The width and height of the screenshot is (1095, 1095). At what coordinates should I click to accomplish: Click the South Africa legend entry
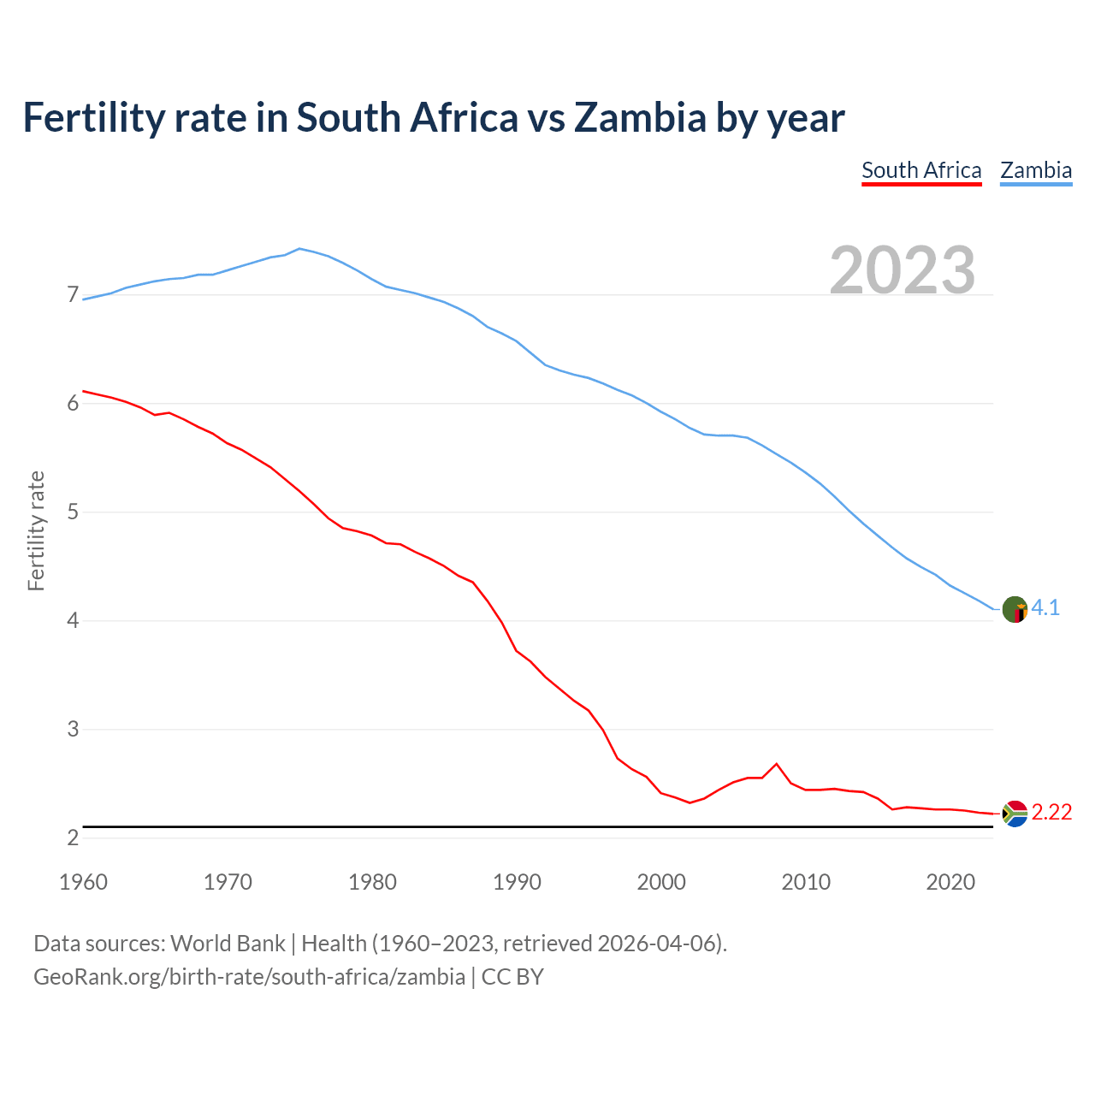point(921,170)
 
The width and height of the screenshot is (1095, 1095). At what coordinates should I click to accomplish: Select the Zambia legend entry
point(1036,170)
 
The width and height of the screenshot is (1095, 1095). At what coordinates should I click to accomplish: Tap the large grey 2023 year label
point(903,270)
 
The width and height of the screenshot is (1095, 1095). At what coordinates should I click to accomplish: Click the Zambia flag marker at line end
point(1015,609)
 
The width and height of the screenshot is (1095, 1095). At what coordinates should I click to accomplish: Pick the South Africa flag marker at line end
point(1015,814)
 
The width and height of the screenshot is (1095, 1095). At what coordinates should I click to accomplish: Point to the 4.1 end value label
point(1045,608)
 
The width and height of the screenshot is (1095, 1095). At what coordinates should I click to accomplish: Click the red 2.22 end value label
point(1051,812)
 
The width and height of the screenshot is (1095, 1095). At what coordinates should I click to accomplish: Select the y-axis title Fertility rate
point(36,530)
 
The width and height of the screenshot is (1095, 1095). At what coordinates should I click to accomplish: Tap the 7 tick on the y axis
point(73,295)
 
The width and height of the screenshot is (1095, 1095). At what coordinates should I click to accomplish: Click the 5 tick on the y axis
point(73,512)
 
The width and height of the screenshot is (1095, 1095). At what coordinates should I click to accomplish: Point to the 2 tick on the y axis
point(73,838)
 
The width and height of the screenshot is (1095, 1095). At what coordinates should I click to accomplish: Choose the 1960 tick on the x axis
point(83,882)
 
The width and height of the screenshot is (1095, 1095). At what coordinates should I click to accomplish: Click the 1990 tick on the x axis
point(517,882)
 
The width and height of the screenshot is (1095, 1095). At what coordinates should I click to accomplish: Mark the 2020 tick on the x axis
point(950,882)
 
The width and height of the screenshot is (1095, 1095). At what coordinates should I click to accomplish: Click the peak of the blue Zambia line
point(299,248)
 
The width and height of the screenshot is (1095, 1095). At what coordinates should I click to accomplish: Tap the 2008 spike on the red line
point(776,763)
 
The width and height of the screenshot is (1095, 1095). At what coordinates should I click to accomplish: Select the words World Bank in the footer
point(228,944)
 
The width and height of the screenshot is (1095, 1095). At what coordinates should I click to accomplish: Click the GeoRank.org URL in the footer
point(249,976)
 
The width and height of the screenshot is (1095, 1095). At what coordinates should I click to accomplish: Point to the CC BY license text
point(512,976)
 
